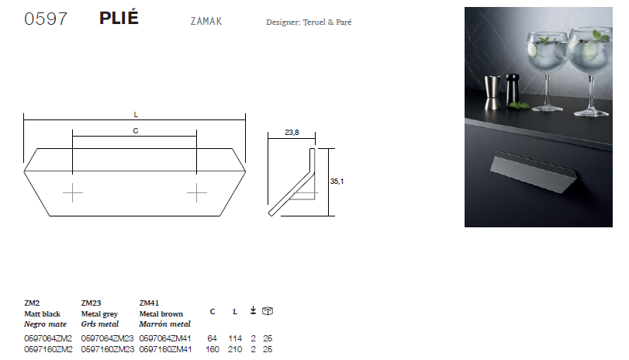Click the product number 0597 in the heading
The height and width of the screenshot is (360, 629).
pyautogui.click(x=46, y=19)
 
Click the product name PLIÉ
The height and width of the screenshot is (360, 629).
pyautogui.click(x=119, y=19)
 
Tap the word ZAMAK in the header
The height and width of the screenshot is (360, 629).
pyautogui.click(x=206, y=21)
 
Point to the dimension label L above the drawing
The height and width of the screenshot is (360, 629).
pyautogui.click(x=136, y=114)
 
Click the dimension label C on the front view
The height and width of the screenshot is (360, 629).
pyautogui.click(x=135, y=132)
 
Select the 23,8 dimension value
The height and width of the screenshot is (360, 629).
pyautogui.click(x=292, y=133)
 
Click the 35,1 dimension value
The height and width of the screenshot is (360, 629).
pyautogui.click(x=337, y=181)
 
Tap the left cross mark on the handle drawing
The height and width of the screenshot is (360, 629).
pyautogui.click(x=73, y=192)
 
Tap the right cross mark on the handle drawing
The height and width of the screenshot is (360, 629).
pyautogui.click(x=197, y=192)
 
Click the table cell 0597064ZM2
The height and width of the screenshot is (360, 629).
pyautogui.click(x=48, y=339)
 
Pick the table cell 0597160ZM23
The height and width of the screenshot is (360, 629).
pyautogui.click(x=107, y=350)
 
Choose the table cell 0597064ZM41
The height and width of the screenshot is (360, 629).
pyautogui.click(x=166, y=339)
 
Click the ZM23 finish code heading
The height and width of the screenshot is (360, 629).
pyautogui.click(x=91, y=303)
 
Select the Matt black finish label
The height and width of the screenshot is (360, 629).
pyautogui.click(x=42, y=313)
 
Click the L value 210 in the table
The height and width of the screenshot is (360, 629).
pyautogui.click(x=235, y=350)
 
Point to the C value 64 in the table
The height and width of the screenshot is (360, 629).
pyautogui.click(x=213, y=339)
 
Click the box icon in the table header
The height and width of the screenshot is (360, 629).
pyautogui.click(x=268, y=311)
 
